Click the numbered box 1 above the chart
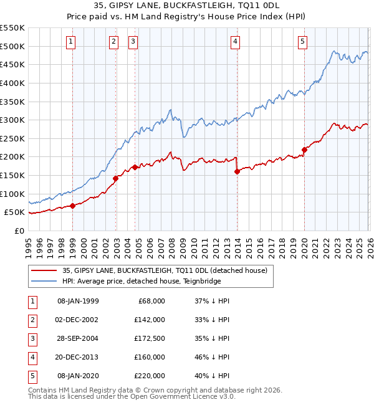72,42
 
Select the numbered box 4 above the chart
236,42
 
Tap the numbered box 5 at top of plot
302,42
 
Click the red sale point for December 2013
237,171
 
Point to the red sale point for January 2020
304,150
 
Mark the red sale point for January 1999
72,206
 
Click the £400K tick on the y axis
12,83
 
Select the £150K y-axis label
12,175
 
